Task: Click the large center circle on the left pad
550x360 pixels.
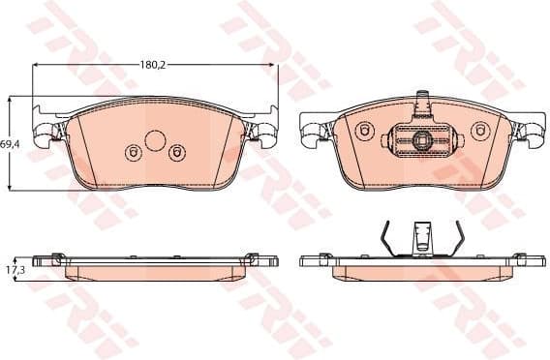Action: point(155,140)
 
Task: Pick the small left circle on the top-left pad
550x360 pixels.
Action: point(134,152)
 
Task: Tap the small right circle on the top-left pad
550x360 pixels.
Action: point(176,152)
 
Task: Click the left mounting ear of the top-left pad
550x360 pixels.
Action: point(46,134)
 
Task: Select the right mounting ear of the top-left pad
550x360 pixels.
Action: point(264,134)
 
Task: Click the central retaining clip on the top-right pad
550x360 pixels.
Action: point(421,141)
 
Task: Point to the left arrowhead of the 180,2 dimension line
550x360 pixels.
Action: point(37,65)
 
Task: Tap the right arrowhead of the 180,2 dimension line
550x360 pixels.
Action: point(273,65)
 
